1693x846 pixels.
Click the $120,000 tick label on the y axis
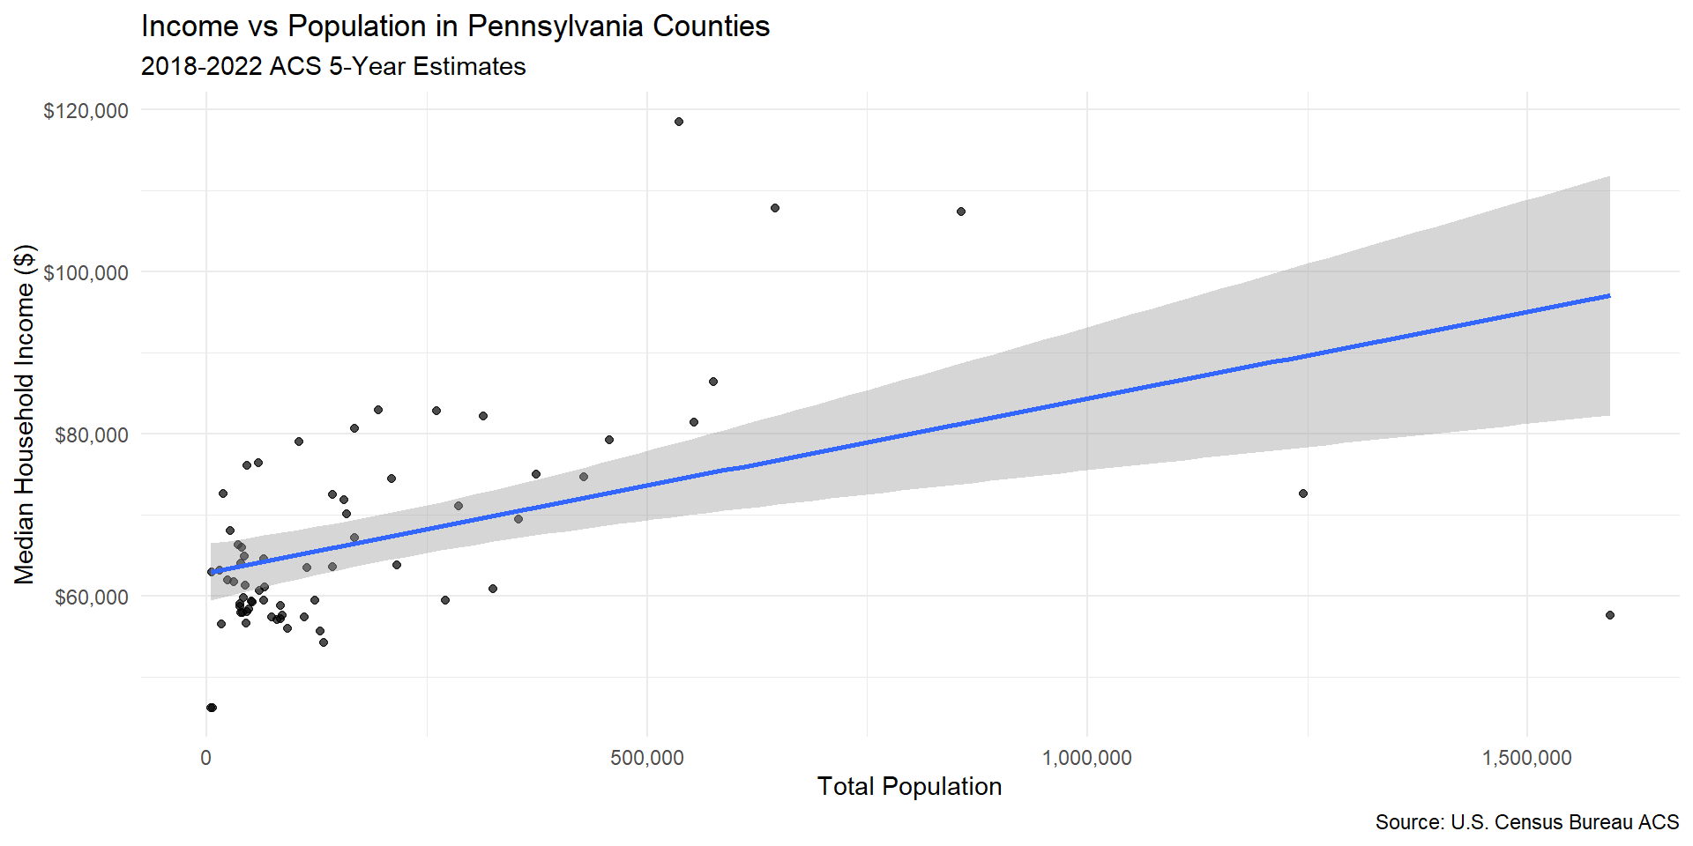86,111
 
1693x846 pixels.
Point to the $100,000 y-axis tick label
86,273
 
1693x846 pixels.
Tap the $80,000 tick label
91,435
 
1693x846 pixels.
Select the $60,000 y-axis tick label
91,597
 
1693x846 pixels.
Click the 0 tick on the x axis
206,758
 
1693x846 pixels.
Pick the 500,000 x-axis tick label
646,758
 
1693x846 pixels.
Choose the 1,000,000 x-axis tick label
1086,758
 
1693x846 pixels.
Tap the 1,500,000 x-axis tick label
1526,758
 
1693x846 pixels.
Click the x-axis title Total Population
909,786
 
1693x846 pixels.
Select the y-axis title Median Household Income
25,414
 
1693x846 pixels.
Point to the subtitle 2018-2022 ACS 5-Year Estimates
333,67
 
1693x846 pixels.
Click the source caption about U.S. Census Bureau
1526,822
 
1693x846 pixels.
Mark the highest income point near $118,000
679,122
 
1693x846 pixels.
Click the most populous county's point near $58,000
1610,615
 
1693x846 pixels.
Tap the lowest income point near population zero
211,708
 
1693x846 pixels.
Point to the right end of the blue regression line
1609,296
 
